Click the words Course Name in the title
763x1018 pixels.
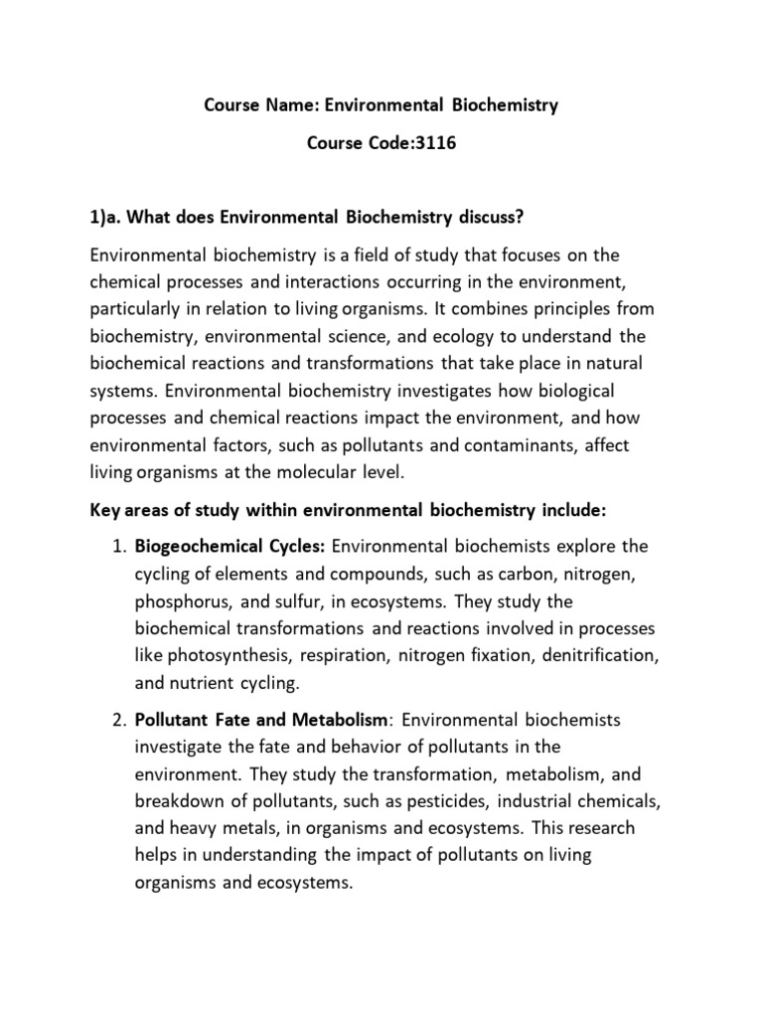247,104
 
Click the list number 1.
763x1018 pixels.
115,546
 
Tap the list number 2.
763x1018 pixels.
115,719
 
